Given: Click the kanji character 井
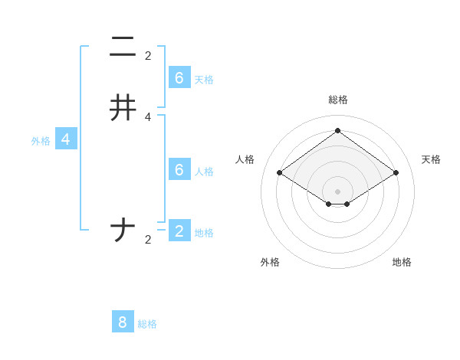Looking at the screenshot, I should pos(123,108).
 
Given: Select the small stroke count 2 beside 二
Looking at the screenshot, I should pos(148,56).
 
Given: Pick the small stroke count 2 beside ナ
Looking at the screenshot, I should pos(148,240).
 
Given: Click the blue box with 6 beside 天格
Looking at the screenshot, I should pos(179,77).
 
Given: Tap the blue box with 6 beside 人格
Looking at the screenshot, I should pos(179,169).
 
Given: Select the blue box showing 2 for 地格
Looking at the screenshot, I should pos(179,231).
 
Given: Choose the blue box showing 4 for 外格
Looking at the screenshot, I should pos(67,139).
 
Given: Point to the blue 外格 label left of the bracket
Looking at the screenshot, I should pos(41,141).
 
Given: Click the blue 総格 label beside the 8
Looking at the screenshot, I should pos(147,324).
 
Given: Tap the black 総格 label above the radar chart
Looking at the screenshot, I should pos(337,100).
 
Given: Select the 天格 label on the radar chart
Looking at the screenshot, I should pos(431,159).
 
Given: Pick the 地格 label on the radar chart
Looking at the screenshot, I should pos(402,262).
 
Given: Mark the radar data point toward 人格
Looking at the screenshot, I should pos(279,173).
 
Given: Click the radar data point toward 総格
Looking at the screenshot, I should pos(337,130).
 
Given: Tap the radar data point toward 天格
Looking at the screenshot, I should pos(396,173).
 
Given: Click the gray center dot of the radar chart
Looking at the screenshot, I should pos(337,191).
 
